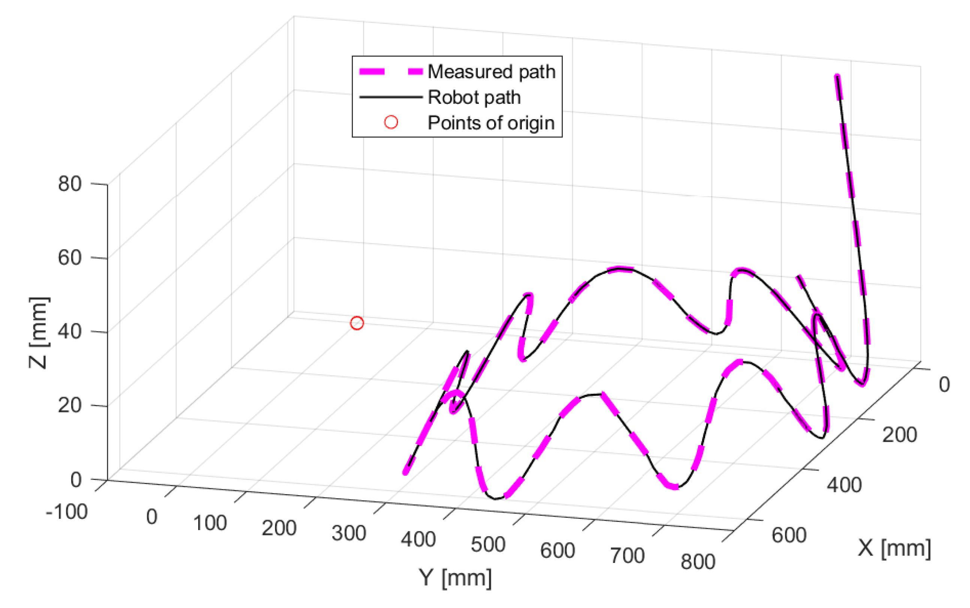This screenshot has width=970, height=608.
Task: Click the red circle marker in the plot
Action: point(357,323)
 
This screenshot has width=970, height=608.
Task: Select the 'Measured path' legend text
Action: point(491,72)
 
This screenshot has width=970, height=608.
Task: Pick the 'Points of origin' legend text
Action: point(491,122)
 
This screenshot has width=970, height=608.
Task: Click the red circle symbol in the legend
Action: point(391,122)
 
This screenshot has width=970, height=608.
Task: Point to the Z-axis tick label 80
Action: point(70,184)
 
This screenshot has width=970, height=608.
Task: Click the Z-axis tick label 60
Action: point(70,257)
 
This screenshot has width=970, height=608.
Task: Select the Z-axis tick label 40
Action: point(70,332)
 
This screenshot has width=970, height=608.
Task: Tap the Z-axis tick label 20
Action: point(70,405)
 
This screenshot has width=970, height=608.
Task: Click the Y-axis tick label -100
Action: point(67,512)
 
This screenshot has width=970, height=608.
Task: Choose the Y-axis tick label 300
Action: point(349,533)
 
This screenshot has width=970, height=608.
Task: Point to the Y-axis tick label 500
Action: point(488,544)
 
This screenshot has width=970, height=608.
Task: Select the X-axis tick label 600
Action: point(789,535)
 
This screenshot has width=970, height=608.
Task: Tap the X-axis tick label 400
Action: point(844,486)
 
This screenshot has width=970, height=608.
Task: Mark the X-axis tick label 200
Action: point(899,435)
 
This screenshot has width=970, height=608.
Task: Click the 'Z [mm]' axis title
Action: point(39,333)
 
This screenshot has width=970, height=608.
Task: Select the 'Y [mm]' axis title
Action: point(455,578)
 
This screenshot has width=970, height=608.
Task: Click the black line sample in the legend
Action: point(390,97)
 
